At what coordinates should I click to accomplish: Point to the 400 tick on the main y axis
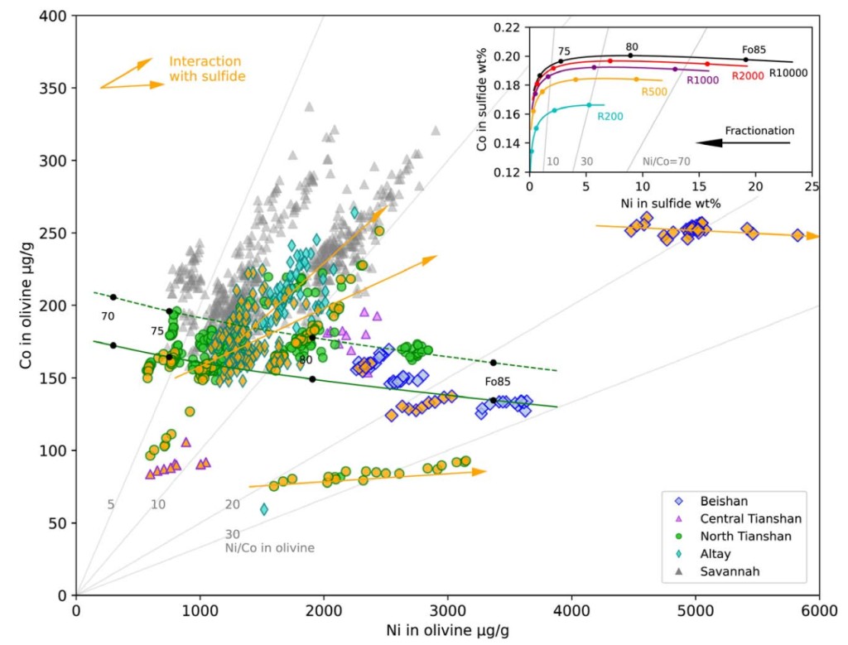(x=55, y=16)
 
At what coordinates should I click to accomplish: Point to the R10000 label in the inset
(x=788, y=73)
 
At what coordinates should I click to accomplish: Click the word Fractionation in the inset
(x=759, y=131)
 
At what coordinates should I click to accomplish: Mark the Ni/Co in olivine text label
(x=269, y=547)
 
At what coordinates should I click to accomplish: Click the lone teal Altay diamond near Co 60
(x=264, y=509)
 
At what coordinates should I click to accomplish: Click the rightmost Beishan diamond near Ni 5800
(x=797, y=235)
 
